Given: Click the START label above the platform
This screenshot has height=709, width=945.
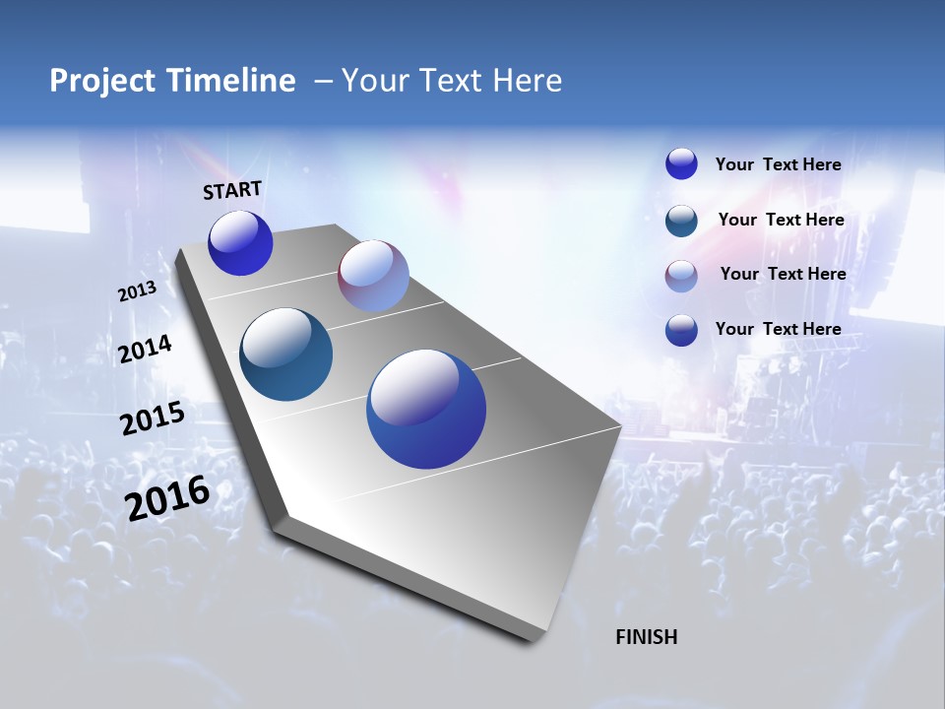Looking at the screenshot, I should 232,190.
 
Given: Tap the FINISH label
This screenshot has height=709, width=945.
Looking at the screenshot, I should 646,637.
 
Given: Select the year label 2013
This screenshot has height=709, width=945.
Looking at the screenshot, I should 137,291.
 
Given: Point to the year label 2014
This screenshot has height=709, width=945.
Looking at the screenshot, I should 145,350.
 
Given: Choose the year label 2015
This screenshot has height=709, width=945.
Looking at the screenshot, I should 152,419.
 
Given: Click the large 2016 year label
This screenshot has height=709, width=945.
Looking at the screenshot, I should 167,498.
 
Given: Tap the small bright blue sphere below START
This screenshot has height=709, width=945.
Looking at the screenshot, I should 240,242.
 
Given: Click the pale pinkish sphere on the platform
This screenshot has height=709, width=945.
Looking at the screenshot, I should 373,276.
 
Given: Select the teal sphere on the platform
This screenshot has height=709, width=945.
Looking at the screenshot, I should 285,354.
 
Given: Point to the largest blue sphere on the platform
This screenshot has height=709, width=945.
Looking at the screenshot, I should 426,409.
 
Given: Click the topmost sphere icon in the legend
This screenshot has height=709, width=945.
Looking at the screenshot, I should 681,164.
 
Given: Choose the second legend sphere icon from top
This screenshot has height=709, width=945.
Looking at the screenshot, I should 681,221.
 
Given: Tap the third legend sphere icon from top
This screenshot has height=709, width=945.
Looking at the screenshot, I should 681,276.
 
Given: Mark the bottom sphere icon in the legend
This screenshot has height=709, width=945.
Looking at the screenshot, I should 681,330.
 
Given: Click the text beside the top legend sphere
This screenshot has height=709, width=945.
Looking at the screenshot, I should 778,164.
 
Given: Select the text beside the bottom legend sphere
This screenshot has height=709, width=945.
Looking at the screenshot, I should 778,329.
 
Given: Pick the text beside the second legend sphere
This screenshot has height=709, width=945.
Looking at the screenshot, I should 781,220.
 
